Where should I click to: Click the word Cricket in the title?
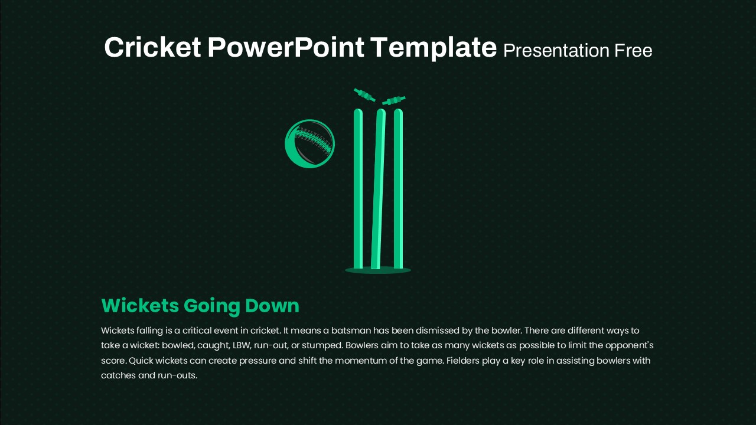click(152, 47)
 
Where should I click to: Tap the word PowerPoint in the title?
click(285, 47)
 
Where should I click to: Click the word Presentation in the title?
click(556, 51)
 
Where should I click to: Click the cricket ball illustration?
click(309, 143)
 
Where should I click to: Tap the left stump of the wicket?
click(358, 188)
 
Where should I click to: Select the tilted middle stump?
click(379, 188)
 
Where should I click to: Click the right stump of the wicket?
click(398, 188)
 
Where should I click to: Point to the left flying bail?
click(364, 95)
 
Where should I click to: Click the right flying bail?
click(393, 100)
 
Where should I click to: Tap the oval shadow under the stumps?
click(378, 270)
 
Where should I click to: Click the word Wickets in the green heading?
click(140, 306)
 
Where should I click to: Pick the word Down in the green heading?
click(272, 306)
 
